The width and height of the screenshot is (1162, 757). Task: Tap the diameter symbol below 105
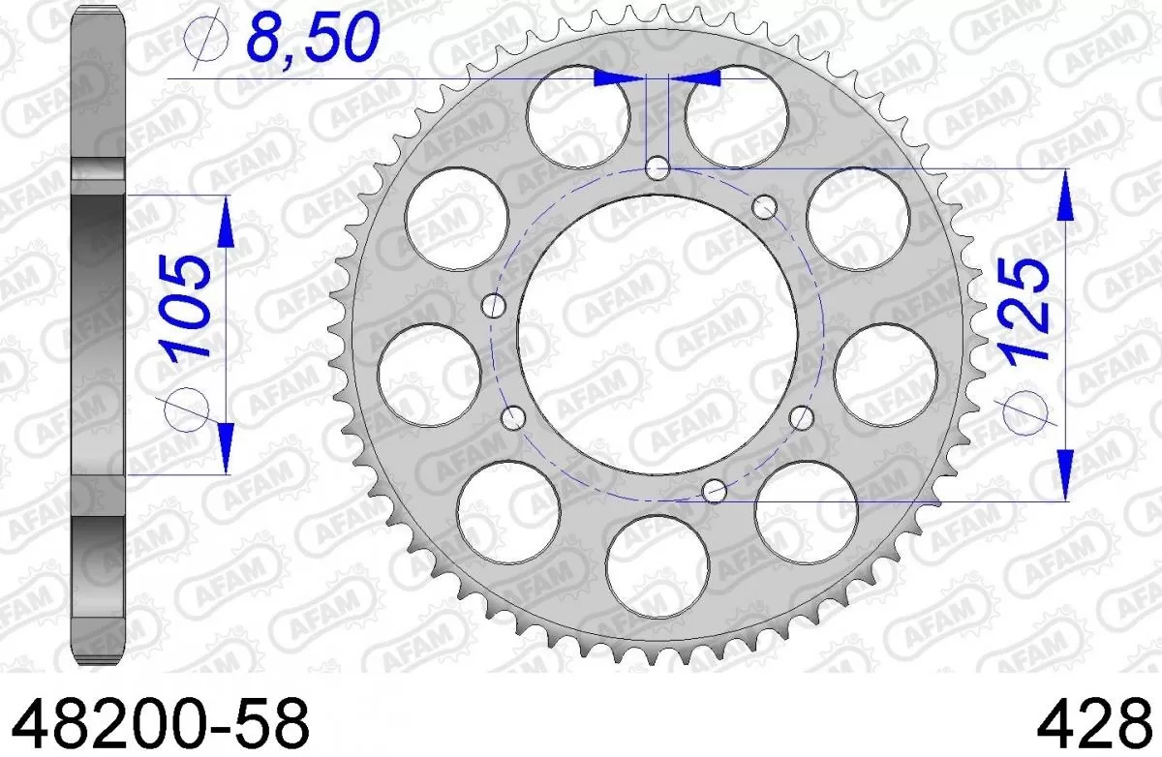pos(188,411)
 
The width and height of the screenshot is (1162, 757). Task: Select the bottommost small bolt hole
pos(714,490)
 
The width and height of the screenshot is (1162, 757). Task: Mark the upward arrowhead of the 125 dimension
pos(1064,194)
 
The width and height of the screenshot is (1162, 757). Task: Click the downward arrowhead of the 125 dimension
pos(1064,476)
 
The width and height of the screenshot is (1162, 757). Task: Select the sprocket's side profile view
pos(101,339)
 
